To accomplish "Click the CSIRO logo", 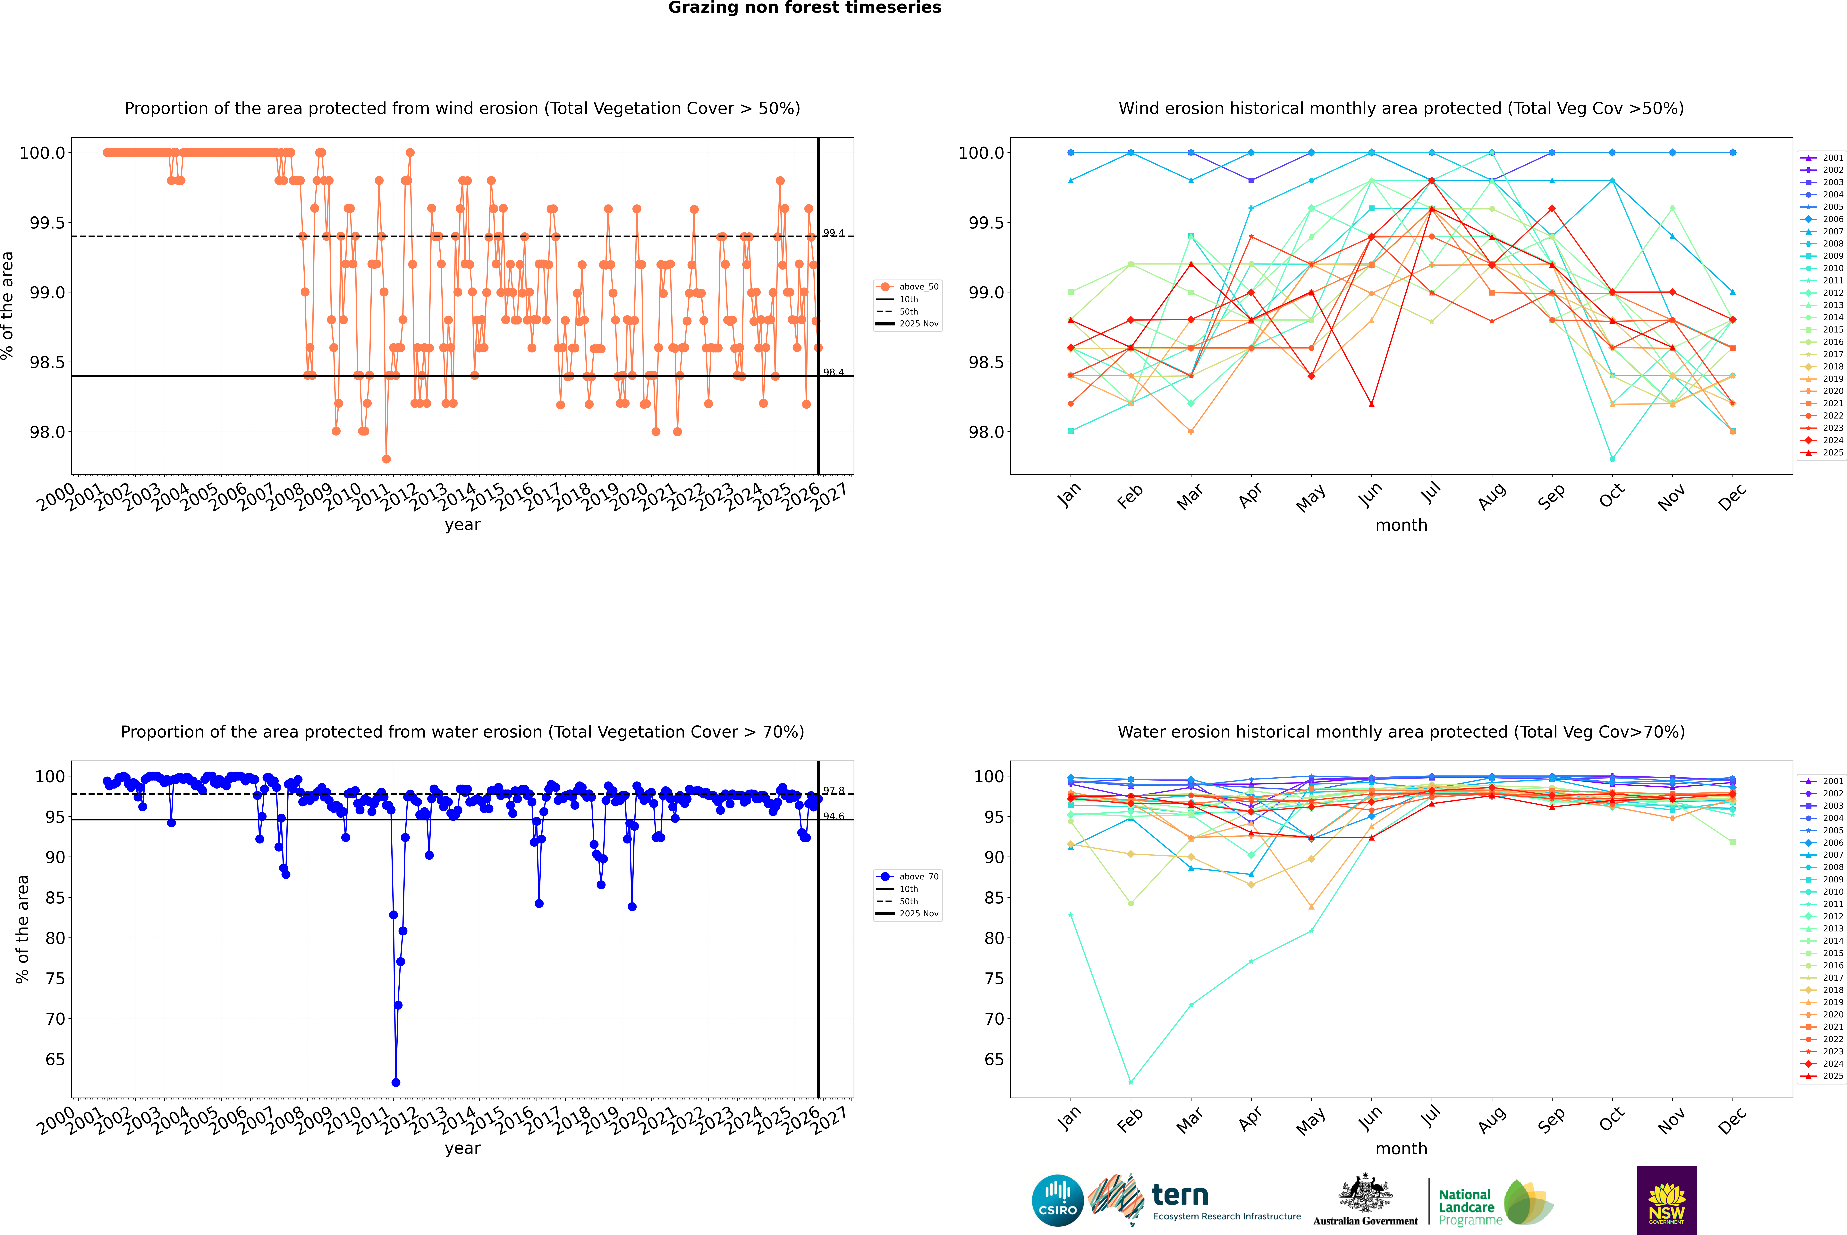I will tap(1057, 1200).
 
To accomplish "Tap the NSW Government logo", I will tap(1667, 1200).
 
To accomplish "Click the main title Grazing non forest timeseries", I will tap(805, 8).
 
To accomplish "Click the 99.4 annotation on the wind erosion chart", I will tap(834, 233).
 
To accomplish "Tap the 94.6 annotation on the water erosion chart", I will tap(834, 816).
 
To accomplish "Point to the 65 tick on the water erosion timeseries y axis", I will tap(55, 1059).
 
